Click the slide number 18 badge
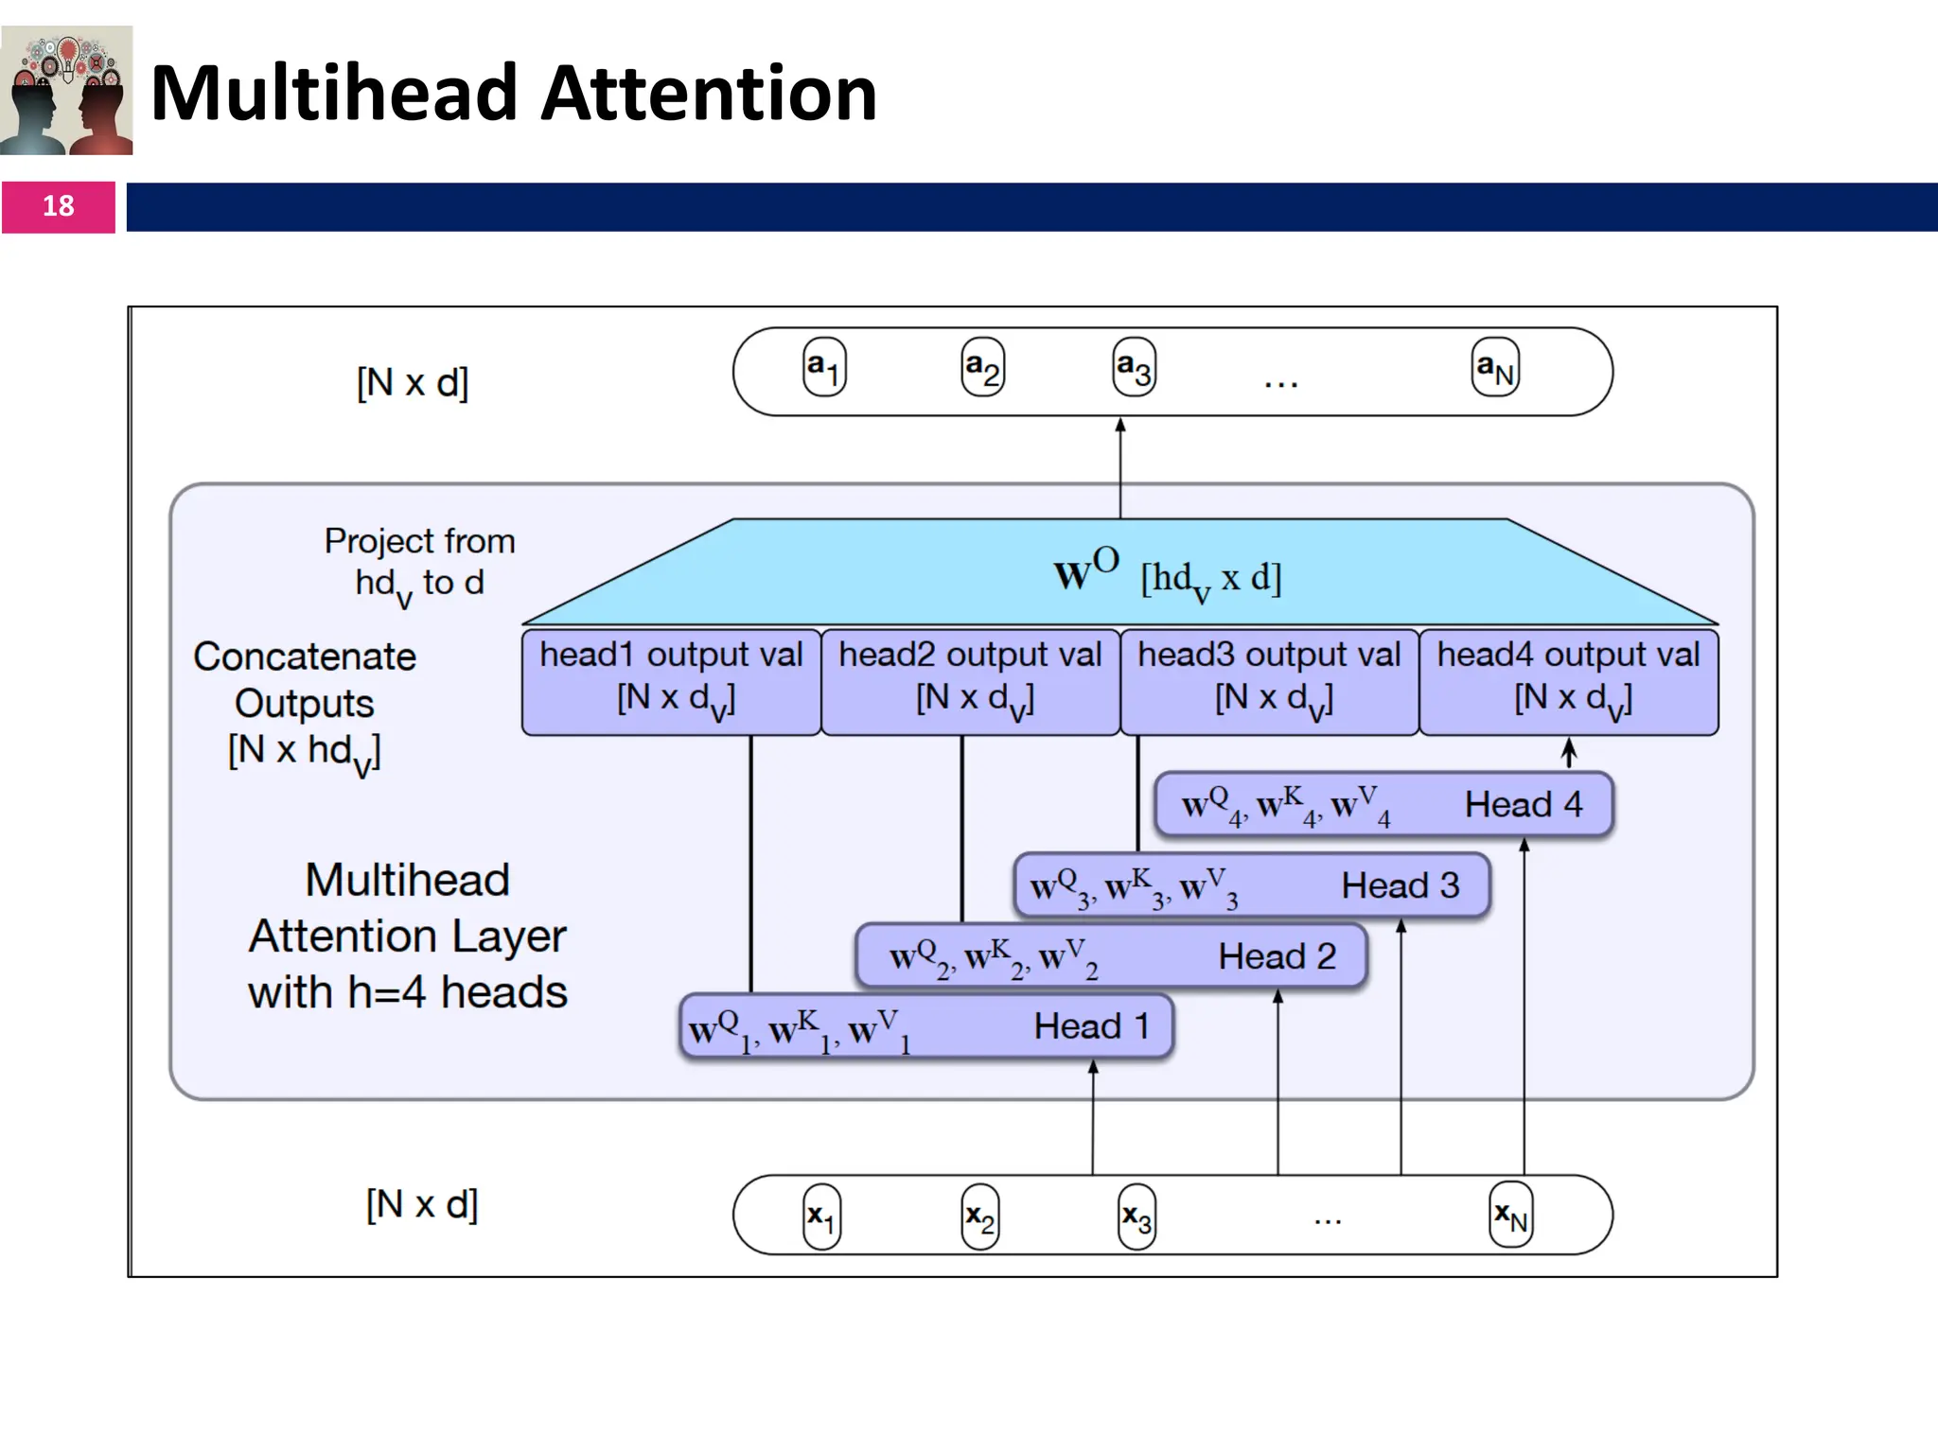point(58,206)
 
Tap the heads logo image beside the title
point(66,91)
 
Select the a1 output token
point(823,368)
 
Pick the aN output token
point(1495,368)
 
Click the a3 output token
point(1134,368)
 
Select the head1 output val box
point(671,682)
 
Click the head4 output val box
point(1569,682)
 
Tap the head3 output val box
point(1269,682)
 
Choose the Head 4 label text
point(1523,805)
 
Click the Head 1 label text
point(1091,1026)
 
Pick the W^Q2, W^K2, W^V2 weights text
point(994,958)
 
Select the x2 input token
point(979,1217)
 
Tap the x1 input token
point(820,1217)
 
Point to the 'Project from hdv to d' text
point(419,564)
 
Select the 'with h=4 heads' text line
point(408,992)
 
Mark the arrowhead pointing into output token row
point(1120,426)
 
